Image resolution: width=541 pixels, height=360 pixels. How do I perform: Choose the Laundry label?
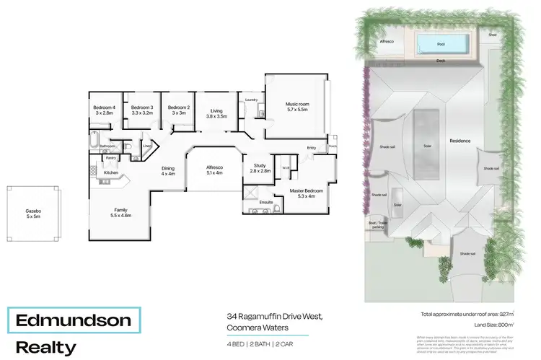click(251, 100)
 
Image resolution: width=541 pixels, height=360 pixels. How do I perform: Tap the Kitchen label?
click(110, 173)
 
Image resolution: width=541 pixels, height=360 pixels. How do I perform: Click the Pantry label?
click(110, 157)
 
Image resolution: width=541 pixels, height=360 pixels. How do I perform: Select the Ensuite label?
click(265, 202)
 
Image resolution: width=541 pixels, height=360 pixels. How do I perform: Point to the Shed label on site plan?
click(492, 35)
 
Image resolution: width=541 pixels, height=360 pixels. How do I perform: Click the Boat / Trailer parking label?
click(378, 225)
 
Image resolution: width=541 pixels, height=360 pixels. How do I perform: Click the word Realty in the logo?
click(45, 346)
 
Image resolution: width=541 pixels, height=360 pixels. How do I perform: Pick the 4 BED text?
click(233, 343)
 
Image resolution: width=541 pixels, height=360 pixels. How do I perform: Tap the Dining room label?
click(167, 170)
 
